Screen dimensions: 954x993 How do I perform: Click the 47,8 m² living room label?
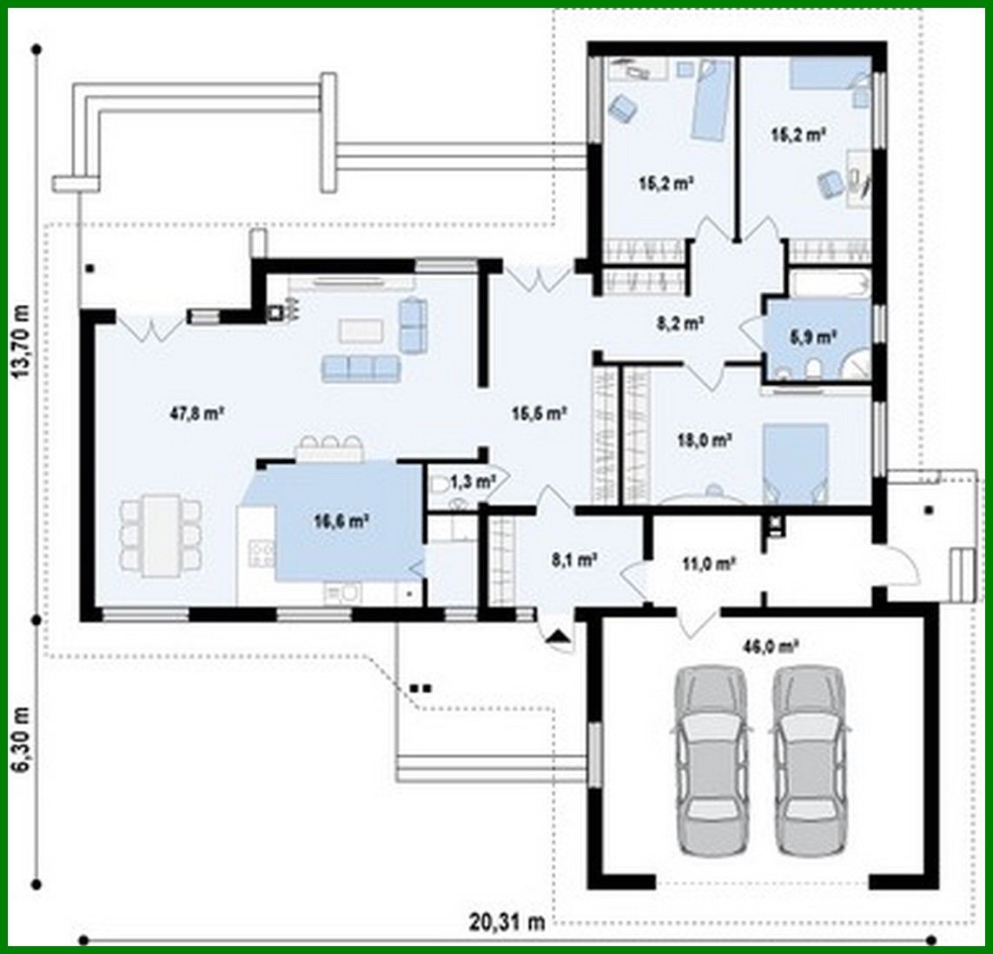click(x=197, y=414)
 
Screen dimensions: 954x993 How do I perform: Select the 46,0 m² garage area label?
click(x=771, y=646)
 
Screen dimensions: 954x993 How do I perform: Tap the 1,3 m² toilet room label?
click(x=473, y=480)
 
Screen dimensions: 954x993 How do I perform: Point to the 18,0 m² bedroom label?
click(x=704, y=440)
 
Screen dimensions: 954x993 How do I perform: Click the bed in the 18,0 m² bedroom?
click(x=795, y=462)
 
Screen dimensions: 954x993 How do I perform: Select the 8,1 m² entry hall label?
click(x=573, y=561)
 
